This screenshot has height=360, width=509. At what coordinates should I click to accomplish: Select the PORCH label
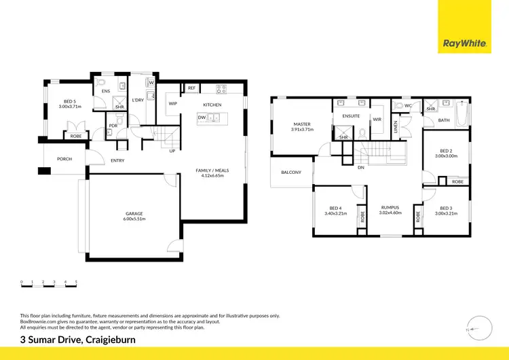(64, 159)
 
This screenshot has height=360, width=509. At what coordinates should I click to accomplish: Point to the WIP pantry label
(173, 104)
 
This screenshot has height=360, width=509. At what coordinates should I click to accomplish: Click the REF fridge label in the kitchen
(191, 88)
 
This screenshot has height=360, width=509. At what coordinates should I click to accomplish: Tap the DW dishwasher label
(202, 118)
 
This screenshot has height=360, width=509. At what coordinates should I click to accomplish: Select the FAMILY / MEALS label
(212, 172)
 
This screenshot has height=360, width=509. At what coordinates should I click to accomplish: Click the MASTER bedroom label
(302, 124)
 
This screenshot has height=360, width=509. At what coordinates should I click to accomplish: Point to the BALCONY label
(291, 172)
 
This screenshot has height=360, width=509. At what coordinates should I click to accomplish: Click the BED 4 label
(335, 208)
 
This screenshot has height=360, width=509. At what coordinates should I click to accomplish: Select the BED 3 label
(445, 208)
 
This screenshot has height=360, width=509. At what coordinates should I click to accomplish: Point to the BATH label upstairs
(444, 120)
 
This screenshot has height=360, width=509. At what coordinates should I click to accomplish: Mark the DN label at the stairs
(361, 168)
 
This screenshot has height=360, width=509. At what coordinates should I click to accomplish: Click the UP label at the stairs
(172, 151)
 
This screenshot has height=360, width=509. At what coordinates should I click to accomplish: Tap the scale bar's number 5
(76, 281)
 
